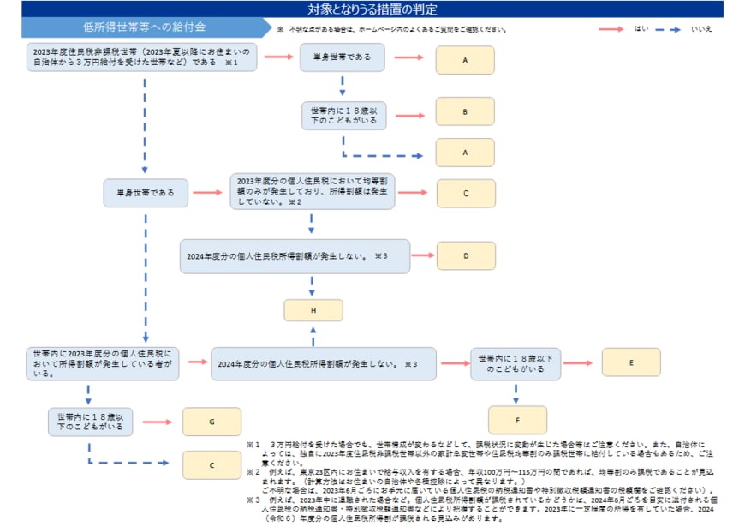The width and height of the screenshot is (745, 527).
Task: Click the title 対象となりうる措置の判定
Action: pos(372,9)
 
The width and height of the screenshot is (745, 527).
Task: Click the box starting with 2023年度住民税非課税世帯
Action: pos(142,57)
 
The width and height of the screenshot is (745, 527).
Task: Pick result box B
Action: pos(465,112)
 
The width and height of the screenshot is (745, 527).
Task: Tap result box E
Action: pos(630,362)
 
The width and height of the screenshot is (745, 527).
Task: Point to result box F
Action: pos(516,420)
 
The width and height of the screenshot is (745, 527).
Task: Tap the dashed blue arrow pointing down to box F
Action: pos(516,392)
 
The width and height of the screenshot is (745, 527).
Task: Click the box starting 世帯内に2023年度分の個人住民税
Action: pos(103,362)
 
